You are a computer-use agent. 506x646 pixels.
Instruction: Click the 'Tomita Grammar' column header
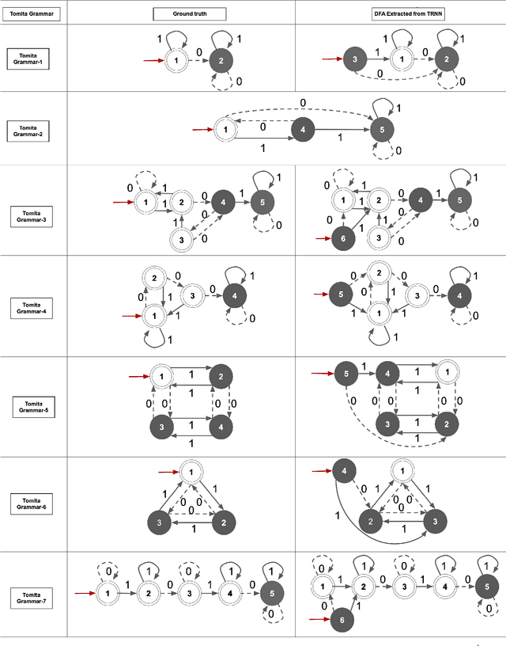pos(31,13)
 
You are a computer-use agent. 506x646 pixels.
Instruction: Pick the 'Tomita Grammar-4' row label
pos(31,308)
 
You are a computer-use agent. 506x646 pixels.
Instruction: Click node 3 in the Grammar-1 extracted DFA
pos(356,59)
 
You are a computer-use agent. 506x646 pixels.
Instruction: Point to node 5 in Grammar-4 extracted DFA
pos(341,294)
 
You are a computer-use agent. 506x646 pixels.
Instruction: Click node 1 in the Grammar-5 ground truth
pos(161,377)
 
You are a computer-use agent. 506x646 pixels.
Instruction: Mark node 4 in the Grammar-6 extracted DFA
pos(343,471)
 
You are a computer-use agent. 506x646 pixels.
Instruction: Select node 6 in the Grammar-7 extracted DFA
pos(342,621)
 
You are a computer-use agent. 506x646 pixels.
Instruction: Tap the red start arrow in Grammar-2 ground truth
pos(202,128)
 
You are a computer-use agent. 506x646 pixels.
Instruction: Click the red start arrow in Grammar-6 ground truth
pos(168,472)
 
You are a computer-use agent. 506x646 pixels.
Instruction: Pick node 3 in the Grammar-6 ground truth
pos(159,522)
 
